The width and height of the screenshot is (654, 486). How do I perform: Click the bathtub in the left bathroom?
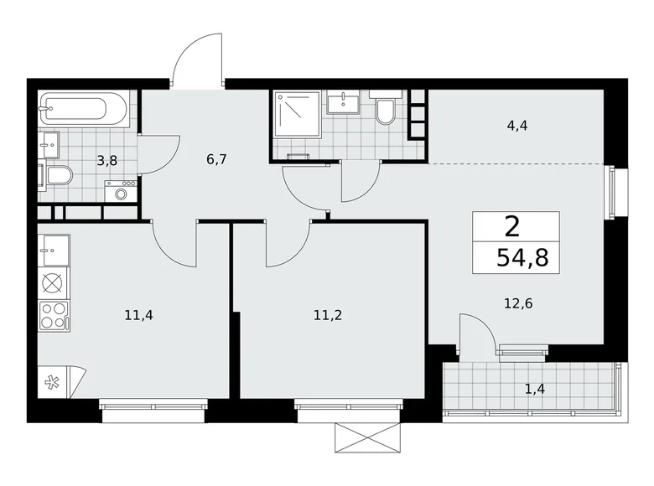click(x=84, y=109)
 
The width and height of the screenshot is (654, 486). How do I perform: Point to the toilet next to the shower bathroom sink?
click(x=386, y=111)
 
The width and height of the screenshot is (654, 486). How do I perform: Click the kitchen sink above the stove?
click(x=54, y=249)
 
